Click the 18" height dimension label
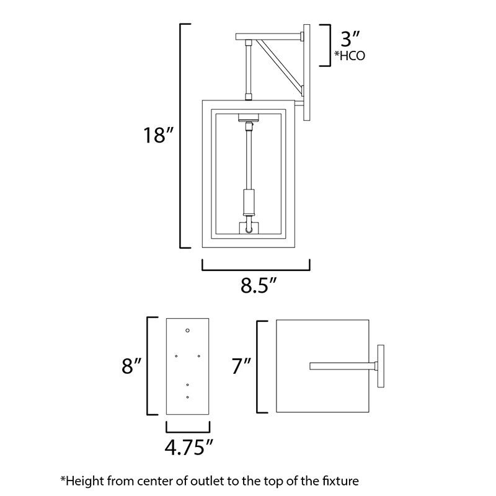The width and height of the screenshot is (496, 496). pyautogui.click(x=159, y=135)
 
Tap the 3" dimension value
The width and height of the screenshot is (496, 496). pyautogui.click(x=350, y=39)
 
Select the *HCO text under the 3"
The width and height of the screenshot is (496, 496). pyautogui.click(x=350, y=56)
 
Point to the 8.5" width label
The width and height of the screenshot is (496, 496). pyautogui.click(x=259, y=285)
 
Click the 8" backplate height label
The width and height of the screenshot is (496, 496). pyautogui.click(x=131, y=366)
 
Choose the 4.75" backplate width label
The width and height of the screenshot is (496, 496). pyautogui.click(x=189, y=447)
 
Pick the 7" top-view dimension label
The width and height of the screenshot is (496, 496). pyautogui.click(x=241, y=366)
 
